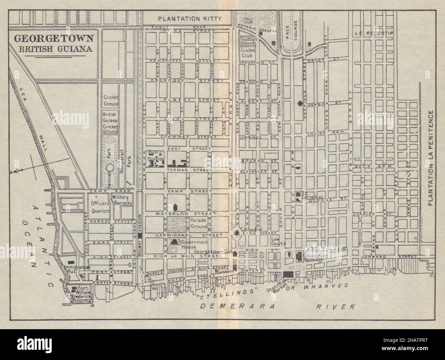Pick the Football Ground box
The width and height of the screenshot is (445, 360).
248,41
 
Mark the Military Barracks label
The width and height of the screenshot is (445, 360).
120,201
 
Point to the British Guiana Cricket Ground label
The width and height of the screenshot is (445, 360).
111,122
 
